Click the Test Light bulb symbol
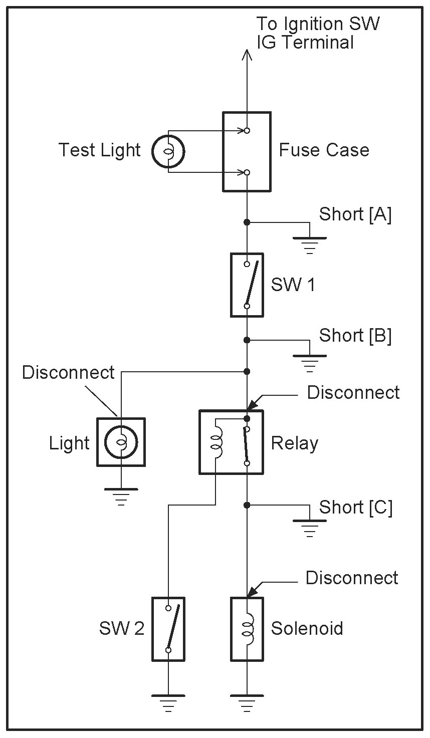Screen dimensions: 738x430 pyautogui.click(x=168, y=151)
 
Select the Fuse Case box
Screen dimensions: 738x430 pyautogui.click(x=247, y=151)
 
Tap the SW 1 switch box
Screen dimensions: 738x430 pyautogui.click(x=247, y=285)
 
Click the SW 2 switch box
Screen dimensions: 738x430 pyautogui.click(x=168, y=628)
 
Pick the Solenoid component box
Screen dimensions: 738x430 pyautogui.click(x=247, y=628)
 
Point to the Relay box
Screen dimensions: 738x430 pyautogui.click(x=231, y=442)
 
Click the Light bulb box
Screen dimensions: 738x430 pyautogui.click(x=121, y=442)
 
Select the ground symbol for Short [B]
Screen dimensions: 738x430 pyautogui.click(x=309, y=361)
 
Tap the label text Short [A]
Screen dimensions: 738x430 pyautogui.click(x=355, y=214)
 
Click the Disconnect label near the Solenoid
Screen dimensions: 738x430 pyautogui.click(x=352, y=578)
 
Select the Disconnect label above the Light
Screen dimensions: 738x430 pyautogui.click(x=68, y=372)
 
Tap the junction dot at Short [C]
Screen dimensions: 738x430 pyautogui.click(x=247, y=505)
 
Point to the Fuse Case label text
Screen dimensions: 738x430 pyautogui.click(x=324, y=150)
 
